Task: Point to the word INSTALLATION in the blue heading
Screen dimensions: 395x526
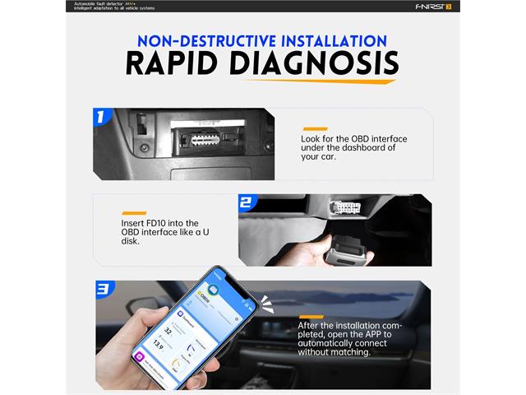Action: pos(329,39)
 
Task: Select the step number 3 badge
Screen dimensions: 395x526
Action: pos(103,289)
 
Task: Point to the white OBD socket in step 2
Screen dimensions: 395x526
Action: pos(344,209)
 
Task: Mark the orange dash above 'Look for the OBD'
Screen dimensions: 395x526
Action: pos(315,129)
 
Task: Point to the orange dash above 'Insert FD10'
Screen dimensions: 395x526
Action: pos(133,213)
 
